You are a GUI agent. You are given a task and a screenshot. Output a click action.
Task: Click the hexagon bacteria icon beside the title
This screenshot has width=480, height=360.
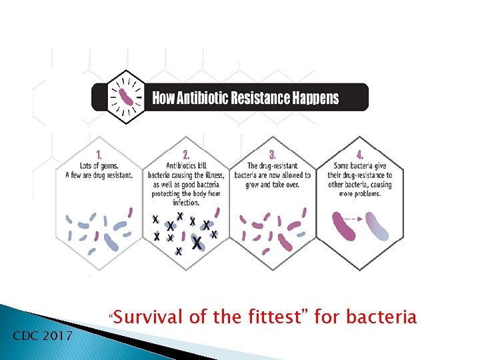(125, 97)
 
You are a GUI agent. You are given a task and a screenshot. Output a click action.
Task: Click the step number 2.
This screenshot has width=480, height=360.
(186, 152)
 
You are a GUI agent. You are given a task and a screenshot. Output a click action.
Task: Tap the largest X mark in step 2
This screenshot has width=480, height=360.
(197, 244)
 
